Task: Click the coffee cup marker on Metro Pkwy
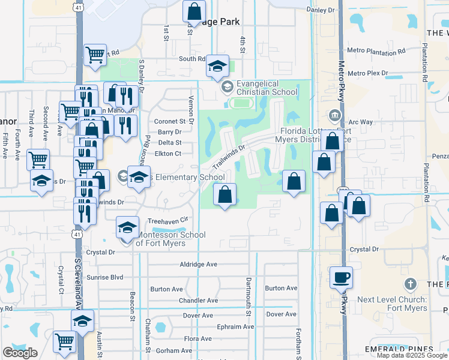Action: [342, 277]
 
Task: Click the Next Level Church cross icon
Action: [411, 283]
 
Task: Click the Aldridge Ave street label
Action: [198, 265]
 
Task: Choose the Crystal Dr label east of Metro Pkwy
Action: [364, 249]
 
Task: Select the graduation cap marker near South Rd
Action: [217, 67]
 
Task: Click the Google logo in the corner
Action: [20, 353]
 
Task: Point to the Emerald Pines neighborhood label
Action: [399, 349]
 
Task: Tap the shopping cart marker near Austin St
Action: [64, 342]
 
